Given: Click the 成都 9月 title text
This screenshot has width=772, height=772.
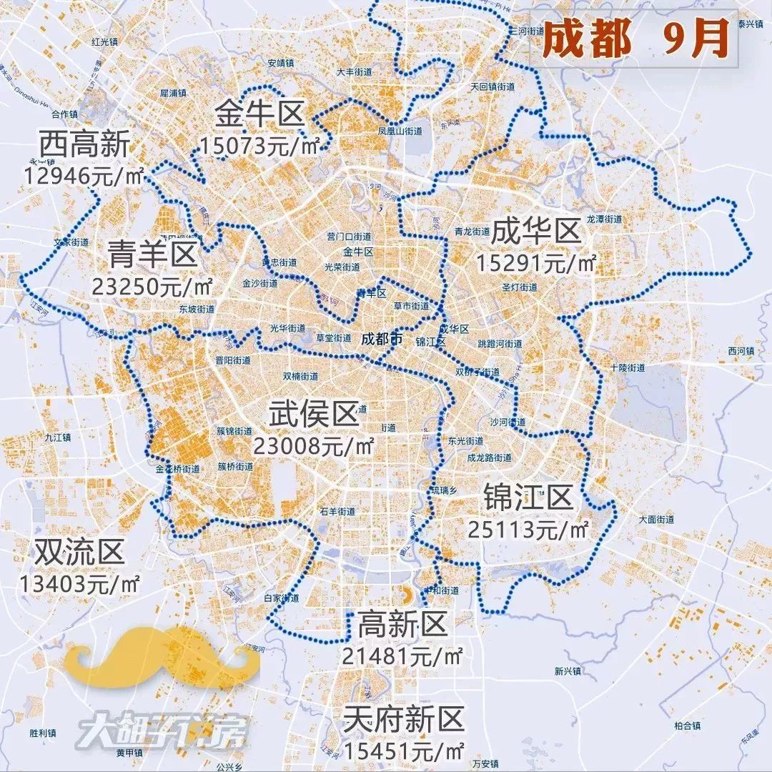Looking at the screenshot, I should click(x=635, y=38).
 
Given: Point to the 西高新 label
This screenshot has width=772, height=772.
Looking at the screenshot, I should click(x=84, y=145).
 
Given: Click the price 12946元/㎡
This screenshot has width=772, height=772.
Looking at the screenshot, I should click(x=84, y=175).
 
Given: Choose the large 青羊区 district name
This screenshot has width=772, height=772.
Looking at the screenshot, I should click(x=152, y=253).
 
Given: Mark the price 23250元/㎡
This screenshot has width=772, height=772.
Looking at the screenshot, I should click(x=152, y=286).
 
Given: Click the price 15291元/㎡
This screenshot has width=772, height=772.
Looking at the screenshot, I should click(x=535, y=263).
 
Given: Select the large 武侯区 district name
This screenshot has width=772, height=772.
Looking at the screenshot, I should click(x=313, y=414).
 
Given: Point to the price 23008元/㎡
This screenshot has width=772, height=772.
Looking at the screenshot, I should click(x=313, y=446).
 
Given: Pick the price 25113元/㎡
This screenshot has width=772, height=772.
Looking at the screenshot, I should click(x=528, y=530).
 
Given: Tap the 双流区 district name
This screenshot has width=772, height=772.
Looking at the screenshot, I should click(x=79, y=551).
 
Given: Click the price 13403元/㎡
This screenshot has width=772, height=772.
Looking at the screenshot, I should click(x=79, y=583).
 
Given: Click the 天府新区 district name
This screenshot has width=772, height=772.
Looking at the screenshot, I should click(x=404, y=718).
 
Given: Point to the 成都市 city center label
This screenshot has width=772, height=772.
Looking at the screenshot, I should click(x=382, y=337).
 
